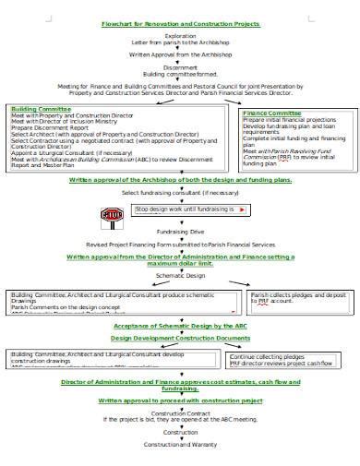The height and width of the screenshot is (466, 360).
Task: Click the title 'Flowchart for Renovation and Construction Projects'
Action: point(181,25)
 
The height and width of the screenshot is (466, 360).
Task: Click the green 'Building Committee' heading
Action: point(42,108)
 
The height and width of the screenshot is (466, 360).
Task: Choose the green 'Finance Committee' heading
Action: point(275,114)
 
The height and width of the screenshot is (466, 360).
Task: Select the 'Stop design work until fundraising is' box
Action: point(190,209)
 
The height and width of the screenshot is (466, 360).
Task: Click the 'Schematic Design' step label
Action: point(180,276)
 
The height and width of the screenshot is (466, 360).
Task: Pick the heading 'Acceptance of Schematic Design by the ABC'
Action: point(180,326)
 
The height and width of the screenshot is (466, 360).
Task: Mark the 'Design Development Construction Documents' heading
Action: point(180,339)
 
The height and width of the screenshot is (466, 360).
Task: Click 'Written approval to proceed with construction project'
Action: point(180,401)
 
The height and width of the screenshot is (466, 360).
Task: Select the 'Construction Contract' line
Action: point(180,416)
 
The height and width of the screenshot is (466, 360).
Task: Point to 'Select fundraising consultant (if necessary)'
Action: point(180,193)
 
